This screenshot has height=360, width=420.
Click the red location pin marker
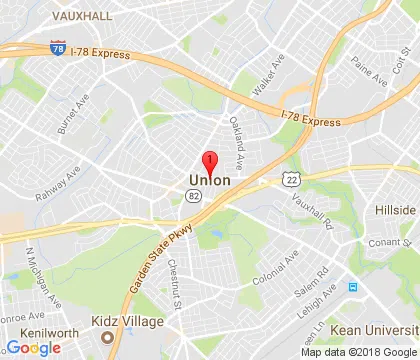pos(210,162)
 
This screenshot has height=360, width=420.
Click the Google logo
pos(33,348)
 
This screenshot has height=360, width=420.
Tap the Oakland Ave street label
pos(236,141)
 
